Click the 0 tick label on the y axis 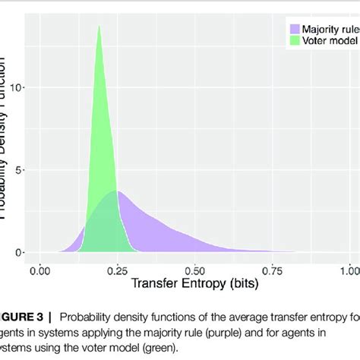(x=21, y=252)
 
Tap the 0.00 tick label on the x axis (x=39, y=269)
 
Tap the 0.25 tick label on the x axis (x=117, y=269)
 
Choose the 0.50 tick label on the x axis (x=194, y=269)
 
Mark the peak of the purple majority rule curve (x=116, y=191)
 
